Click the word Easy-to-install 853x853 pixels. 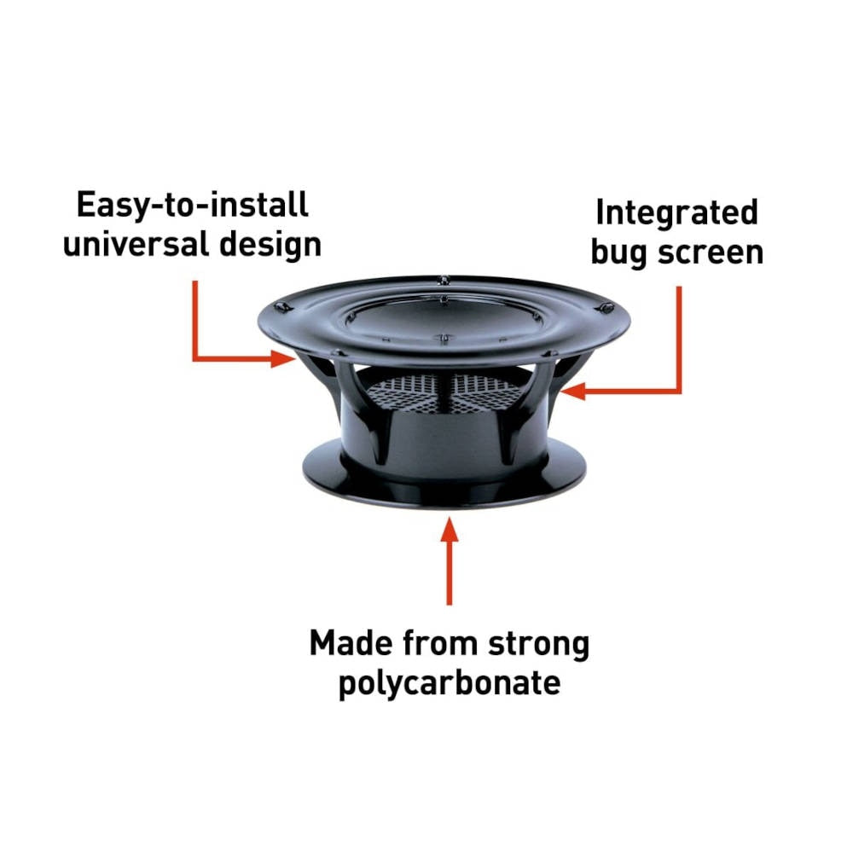coord(191,206)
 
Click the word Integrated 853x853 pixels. coord(676,213)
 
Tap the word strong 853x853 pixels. coord(537,644)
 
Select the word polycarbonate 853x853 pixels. coord(450,684)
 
